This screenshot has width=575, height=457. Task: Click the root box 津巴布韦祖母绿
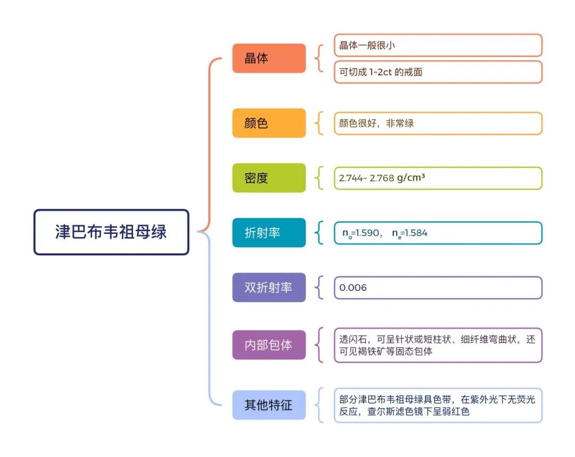click(x=111, y=232)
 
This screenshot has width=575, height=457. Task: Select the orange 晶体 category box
click(x=269, y=58)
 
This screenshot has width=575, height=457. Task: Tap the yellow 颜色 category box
click(x=269, y=123)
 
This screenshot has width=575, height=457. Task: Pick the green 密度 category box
click(x=269, y=178)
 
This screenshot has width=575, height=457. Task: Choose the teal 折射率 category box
click(x=269, y=233)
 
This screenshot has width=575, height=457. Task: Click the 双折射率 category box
click(x=269, y=288)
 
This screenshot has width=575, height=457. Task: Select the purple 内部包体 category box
click(x=269, y=345)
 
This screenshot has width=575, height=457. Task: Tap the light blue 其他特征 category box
click(x=269, y=405)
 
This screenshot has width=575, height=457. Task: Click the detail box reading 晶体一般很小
click(x=438, y=45)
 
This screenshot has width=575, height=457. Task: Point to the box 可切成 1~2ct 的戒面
click(x=438, y=72)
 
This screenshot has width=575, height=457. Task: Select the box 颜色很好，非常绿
click(x=438, y=123)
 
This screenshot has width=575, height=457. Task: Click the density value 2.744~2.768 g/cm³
click(x=382, y=178)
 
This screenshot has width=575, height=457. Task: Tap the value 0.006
click(x=353, y=288)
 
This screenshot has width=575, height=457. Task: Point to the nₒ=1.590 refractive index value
click(x=360, y=233)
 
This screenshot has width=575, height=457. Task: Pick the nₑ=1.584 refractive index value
click(x=409, y=233)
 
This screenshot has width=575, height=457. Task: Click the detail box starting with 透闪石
click(x=438, y=345)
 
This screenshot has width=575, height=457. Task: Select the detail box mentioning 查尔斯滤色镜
click(x=438, y=405)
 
